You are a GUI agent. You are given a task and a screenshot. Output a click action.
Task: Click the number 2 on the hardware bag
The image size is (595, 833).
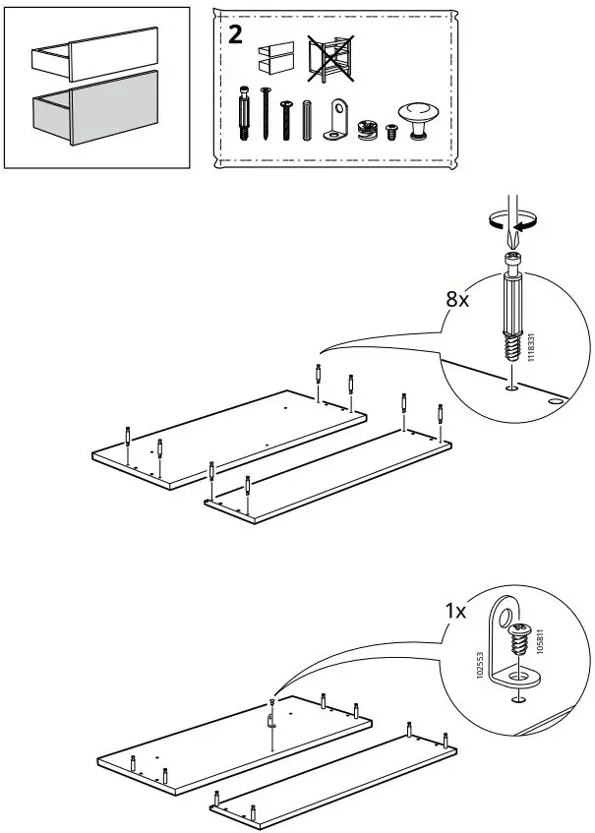(236, 36)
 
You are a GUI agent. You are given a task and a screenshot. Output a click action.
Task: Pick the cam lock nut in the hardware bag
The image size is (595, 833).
(368, 128)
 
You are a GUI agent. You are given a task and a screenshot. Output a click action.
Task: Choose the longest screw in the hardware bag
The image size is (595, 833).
(266, 116)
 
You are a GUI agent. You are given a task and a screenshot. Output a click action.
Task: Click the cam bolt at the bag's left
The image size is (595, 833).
(244, 115)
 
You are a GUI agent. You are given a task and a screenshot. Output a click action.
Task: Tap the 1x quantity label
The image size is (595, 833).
(455, 612)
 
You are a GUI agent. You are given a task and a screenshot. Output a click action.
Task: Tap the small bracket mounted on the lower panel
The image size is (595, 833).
(271, 719)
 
